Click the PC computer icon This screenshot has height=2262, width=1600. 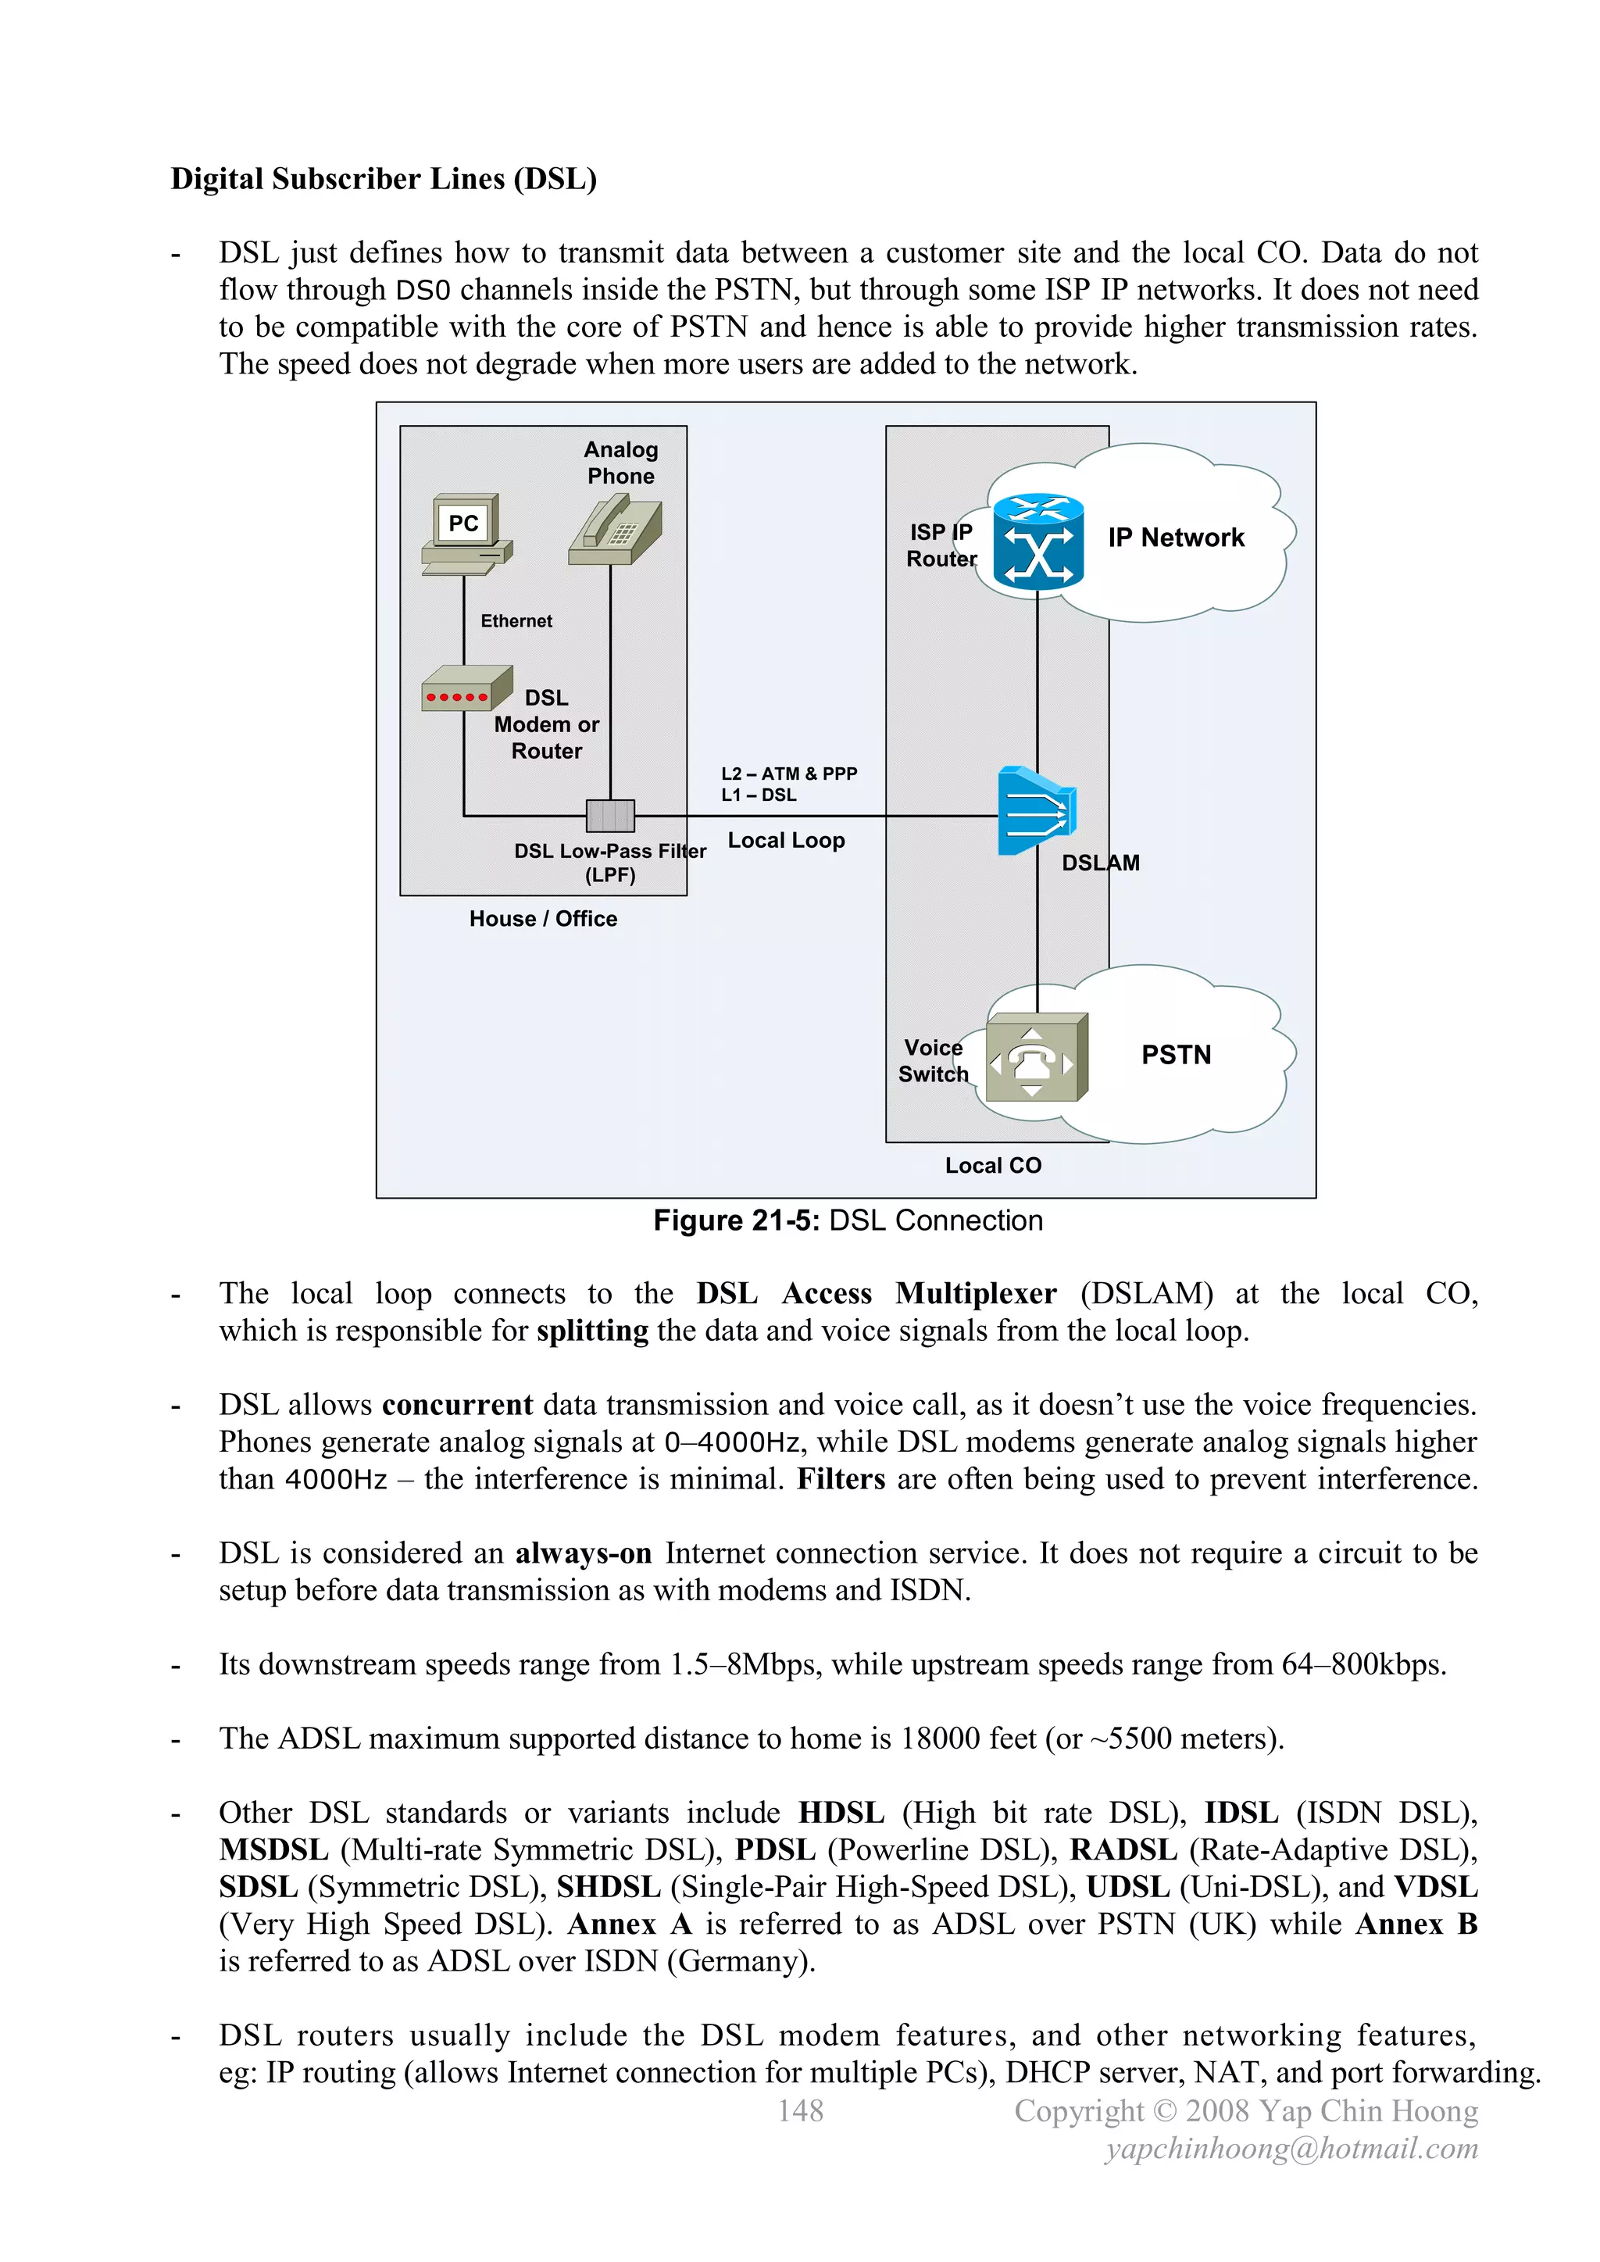[x=465, y=533]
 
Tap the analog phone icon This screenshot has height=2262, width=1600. [x=615, y=530]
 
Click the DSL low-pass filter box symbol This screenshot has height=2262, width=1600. [x=610, y=816]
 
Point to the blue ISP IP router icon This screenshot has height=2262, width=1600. [x=1037, y=541]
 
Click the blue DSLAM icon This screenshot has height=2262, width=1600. [x=1035, y=811]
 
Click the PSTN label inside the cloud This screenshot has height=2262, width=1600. [x=1175, y=1055]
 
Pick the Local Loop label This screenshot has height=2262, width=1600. [x=785, y=841]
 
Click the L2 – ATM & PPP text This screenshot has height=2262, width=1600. [x=788, y=774]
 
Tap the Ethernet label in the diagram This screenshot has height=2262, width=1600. [x=516, y=620]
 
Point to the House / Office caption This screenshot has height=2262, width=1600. [x=543, y=918]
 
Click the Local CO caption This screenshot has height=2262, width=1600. [x=992, y=1166]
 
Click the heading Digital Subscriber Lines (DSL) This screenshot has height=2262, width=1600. [x=384, y=179]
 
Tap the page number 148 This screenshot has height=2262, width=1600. [x=800, y=2110]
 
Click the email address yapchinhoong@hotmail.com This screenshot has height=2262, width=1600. [x=1291, y=2148]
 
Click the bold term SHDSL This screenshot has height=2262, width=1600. [x=608, y=1887]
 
